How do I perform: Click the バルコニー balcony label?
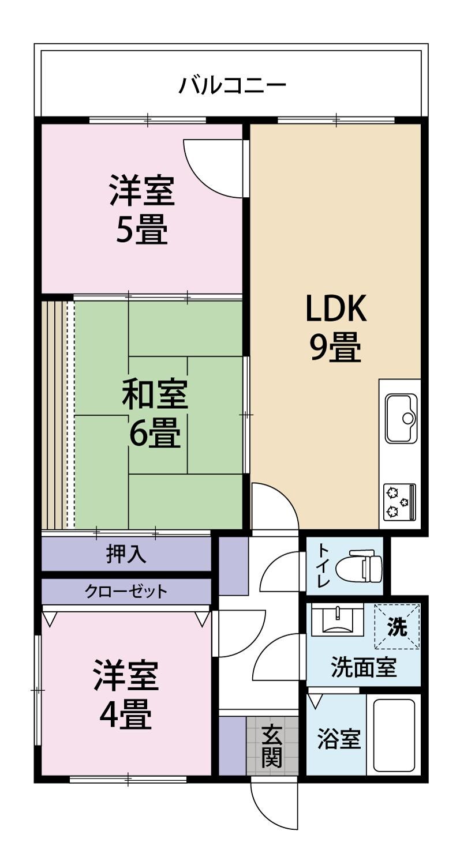pyautogui.click(x=232, y=87)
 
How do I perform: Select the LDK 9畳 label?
pyautogui.click(x=336, y=329)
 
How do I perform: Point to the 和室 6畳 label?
pyautogui.click(x=155, y=415)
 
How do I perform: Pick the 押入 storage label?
pyautogui.click(x=126, y=554)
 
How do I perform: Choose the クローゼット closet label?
pyautogui.click(x=126, y=591)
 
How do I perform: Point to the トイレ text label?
pyautogui.click(x=323, y=567)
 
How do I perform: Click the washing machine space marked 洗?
pyautogui.click(x=397, y=626)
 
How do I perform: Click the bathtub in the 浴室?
pyautogui.click(x=394, y=735)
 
